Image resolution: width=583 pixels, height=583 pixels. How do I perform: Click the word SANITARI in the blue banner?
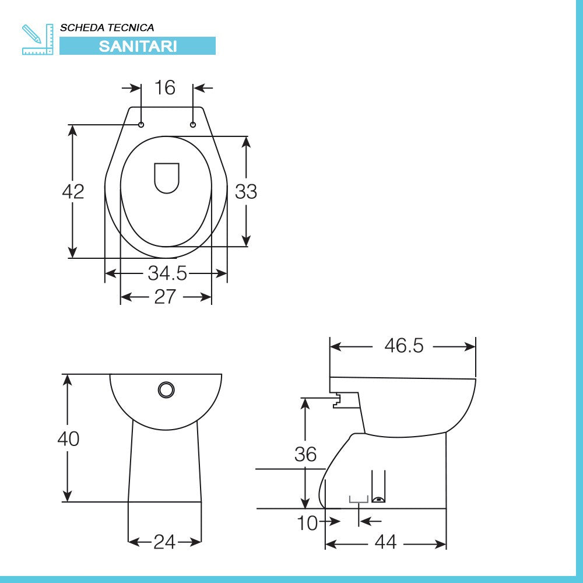click(138, 46)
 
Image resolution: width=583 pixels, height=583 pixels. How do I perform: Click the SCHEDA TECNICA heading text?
click(107, 27)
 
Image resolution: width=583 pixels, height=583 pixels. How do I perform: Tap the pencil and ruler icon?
click(37, 39)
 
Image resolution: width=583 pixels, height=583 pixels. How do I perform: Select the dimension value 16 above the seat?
click(165, 88)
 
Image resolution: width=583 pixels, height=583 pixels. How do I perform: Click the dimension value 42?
click(73, 191)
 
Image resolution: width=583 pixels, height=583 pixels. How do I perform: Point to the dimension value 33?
click(246, 191)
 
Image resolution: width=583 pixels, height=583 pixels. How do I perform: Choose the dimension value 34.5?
click(167, 273)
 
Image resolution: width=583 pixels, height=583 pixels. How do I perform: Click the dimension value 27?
click(165, 297)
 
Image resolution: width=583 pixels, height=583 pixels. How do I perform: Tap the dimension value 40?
click(68, 438)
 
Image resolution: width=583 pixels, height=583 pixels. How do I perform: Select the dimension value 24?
click(164, 542)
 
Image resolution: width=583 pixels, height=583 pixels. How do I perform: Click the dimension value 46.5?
click(403, 346)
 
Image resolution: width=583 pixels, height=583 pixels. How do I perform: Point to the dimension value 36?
click(305, 454)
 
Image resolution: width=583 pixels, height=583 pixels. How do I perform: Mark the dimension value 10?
click(308, 524)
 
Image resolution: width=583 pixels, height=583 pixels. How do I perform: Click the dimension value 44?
click(385, 543)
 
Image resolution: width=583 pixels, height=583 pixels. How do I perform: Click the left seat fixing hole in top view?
click(141, 125)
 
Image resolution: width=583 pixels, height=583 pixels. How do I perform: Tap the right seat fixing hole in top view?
click(193, 125)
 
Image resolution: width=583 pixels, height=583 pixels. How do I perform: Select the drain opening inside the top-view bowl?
click(167, 177)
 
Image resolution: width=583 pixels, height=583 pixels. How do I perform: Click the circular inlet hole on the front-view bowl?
click(166, 389)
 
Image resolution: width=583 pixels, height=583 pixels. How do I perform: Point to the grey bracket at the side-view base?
click(359, 499)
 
